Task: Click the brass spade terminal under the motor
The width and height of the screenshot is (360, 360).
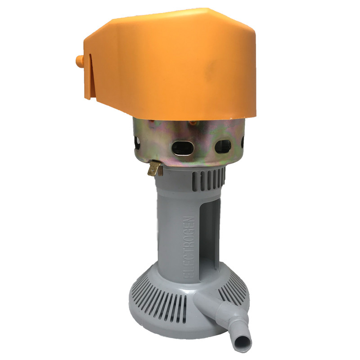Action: click(155, 168)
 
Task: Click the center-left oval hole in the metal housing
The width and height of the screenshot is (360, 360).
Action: click(183, 148)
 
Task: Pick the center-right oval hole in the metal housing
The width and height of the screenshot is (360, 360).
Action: click(223, 147)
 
